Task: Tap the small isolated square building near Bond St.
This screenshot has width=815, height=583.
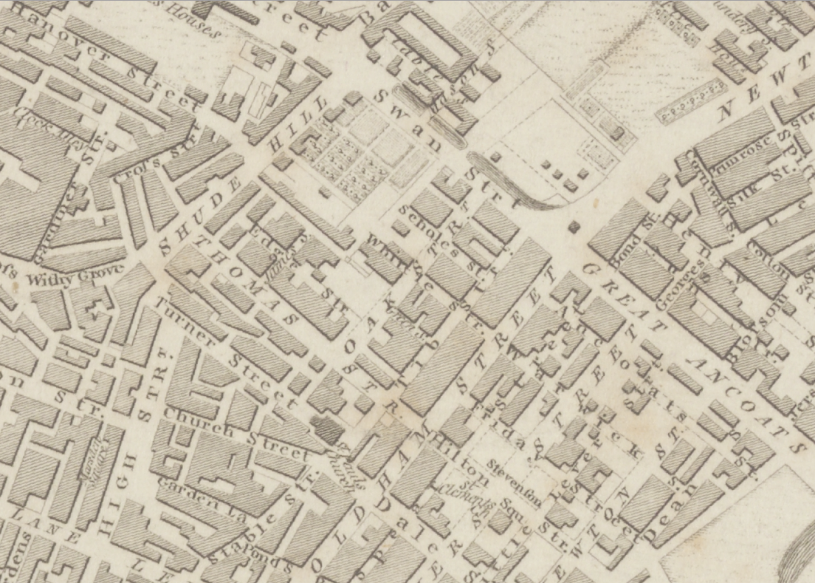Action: (x=574, y=227)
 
